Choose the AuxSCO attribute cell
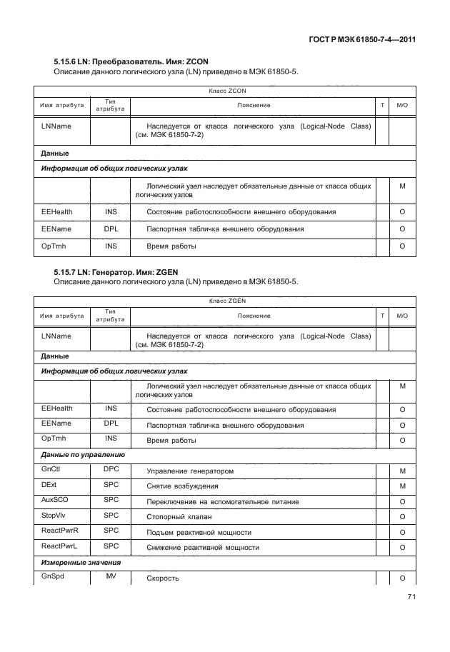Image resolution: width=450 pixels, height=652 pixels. (x=54, y=500)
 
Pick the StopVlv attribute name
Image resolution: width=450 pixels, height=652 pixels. (x=54, y=515)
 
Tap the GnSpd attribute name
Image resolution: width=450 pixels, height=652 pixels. (x=53, y=576)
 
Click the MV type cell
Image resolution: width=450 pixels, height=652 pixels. (x=111, y=576)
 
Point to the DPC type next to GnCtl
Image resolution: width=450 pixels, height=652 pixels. (x=111, y=468)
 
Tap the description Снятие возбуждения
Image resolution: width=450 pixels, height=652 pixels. (x=182, y=486)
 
